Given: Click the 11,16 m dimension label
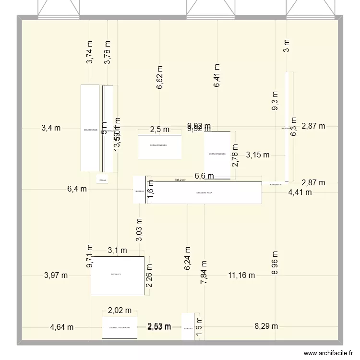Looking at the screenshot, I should tap(241, 275).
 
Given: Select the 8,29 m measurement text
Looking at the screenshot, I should tap(266, 326).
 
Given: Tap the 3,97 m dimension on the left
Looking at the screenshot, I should tap(56, 275).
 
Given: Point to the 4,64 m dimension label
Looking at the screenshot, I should tap(61, 327).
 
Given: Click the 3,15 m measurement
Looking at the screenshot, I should tap(258, 155).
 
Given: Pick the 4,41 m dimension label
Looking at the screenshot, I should tap(300, 192).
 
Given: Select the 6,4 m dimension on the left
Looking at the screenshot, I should tap(77, 189).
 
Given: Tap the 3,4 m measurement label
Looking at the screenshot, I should tap(51, 128).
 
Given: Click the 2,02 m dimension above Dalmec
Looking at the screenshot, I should tap(120, 311).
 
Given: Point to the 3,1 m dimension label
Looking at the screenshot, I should tap(117, 250).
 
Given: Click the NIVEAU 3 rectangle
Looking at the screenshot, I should tap(117, 276).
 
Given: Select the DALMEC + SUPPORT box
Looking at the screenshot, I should tap(120, 328).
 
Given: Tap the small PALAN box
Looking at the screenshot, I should tap(102, 180).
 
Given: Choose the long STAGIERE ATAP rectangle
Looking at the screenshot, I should tap(207, 193).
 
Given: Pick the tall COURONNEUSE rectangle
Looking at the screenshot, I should tap(90, 129).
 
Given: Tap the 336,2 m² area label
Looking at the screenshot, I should tap(180, 180).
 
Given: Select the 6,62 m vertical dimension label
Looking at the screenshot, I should tap(160, 78).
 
